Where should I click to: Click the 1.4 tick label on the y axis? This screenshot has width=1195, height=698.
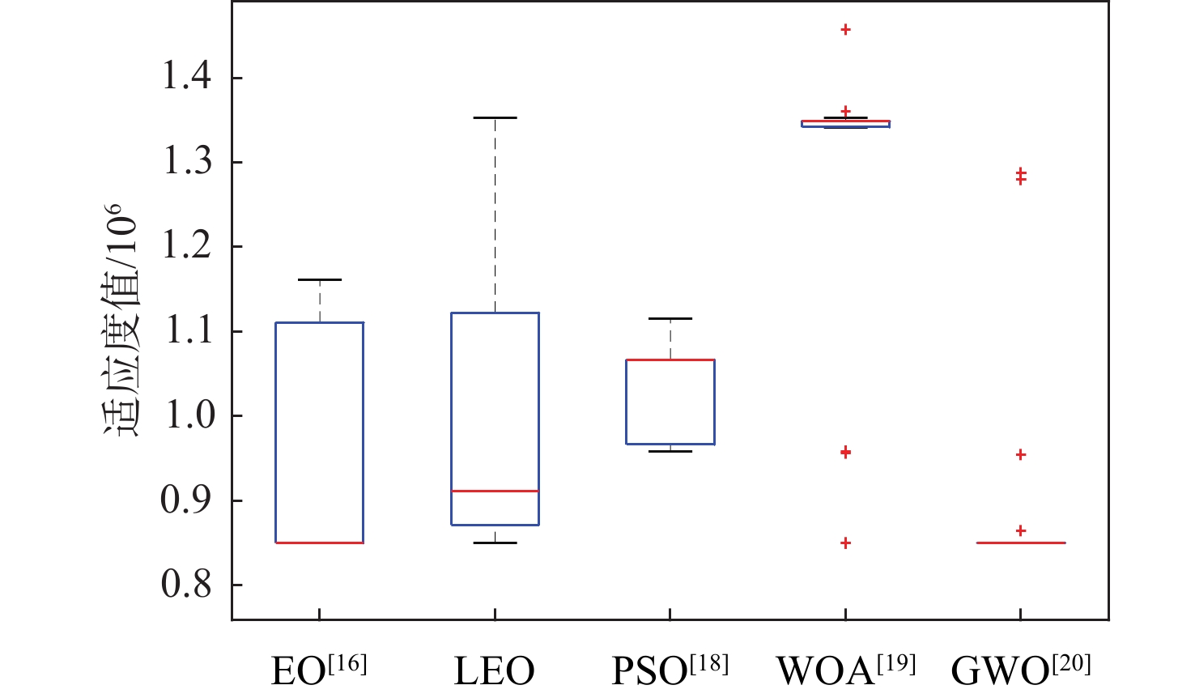187,77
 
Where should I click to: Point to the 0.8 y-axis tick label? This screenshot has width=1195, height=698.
187,584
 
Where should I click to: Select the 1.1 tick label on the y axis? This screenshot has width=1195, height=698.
187,330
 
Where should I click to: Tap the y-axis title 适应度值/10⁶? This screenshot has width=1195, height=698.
122,320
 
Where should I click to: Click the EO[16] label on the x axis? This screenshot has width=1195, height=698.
319,669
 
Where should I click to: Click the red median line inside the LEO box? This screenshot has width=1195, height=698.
495,491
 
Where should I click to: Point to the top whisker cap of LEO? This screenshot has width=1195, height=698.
495,117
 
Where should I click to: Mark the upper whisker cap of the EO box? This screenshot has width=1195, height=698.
320,279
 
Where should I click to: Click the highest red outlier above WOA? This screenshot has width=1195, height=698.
846,30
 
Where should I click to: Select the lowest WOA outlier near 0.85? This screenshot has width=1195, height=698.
846,543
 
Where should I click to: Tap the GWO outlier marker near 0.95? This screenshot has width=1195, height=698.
1021,455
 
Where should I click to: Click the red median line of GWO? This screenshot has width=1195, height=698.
1021,543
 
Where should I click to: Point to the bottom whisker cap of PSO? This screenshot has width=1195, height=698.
670,451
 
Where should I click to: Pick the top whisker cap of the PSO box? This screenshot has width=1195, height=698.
670,318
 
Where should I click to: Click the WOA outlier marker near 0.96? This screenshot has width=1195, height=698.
846,452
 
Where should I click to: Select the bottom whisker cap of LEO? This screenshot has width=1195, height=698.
495,543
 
